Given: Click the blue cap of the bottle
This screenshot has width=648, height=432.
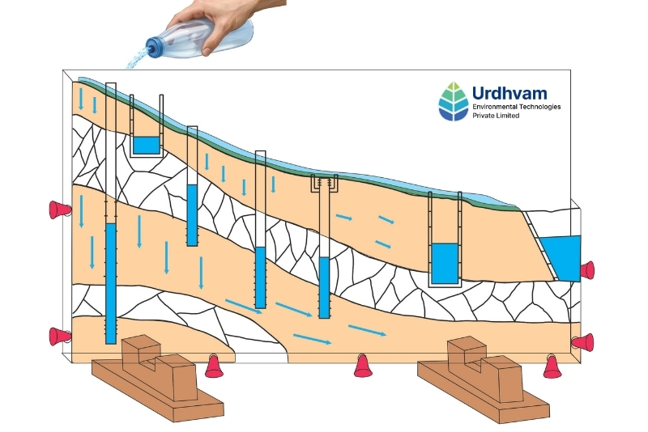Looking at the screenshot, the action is (154, 47).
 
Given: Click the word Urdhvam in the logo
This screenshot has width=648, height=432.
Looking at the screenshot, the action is (509, 93).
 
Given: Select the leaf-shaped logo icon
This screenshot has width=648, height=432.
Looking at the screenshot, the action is (454, 101).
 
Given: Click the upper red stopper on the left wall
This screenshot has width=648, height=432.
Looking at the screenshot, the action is (59, 210).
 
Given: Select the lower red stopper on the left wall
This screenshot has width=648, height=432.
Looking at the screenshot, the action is (59, 337).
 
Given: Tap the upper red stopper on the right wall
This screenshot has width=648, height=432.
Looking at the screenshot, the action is (587, 270).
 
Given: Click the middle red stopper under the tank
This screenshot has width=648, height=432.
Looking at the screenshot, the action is (363, 366).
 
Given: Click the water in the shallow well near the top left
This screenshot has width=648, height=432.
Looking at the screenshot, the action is (146, 146).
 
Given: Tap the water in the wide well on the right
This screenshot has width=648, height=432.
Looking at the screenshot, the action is (445, 264).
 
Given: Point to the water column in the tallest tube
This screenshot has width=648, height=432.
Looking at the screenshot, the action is (111, 283).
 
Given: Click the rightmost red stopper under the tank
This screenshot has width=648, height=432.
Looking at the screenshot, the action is (552, 366).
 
